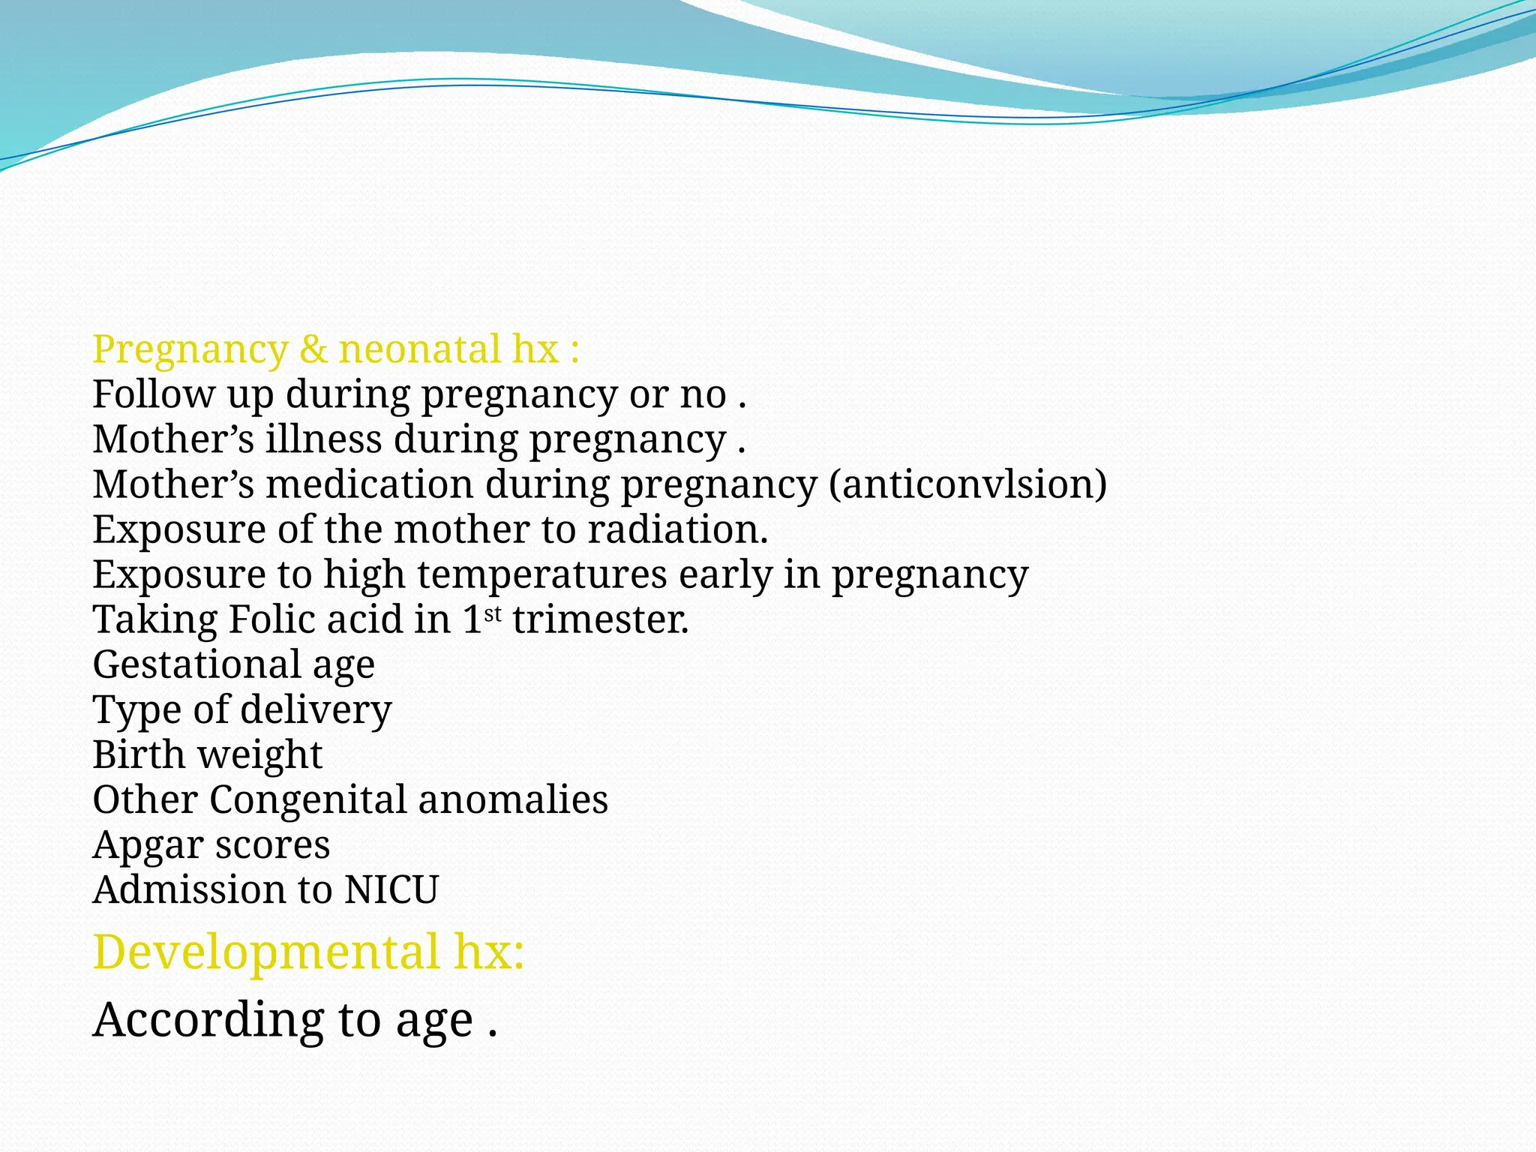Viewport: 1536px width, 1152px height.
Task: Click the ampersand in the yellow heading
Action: (x=313, y=349)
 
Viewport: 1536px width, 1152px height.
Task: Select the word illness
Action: (x=323, y=439)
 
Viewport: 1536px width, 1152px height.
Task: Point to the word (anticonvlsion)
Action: (x=967, y=484)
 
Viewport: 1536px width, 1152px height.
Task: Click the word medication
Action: (x=369, y=484)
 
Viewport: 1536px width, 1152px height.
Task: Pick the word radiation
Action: (x=677, y=529)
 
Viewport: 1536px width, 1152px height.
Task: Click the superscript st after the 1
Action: (x=493, y=614)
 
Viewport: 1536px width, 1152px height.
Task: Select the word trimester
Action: (x=600, y=619)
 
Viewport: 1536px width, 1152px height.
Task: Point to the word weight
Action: (x=259, y=754)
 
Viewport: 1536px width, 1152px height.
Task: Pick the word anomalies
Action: (x=513, y=799)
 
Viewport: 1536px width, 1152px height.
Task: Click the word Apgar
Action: (x=148, y=846)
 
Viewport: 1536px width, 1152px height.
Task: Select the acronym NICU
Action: (x=391, y=889)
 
